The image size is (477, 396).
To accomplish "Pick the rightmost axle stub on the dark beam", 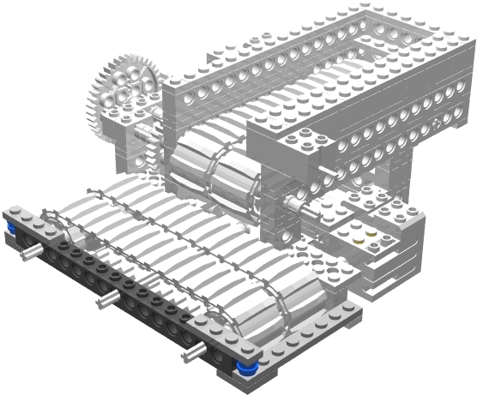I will [196, 351].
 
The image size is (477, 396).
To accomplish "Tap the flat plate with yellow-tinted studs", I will [365, 232].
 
